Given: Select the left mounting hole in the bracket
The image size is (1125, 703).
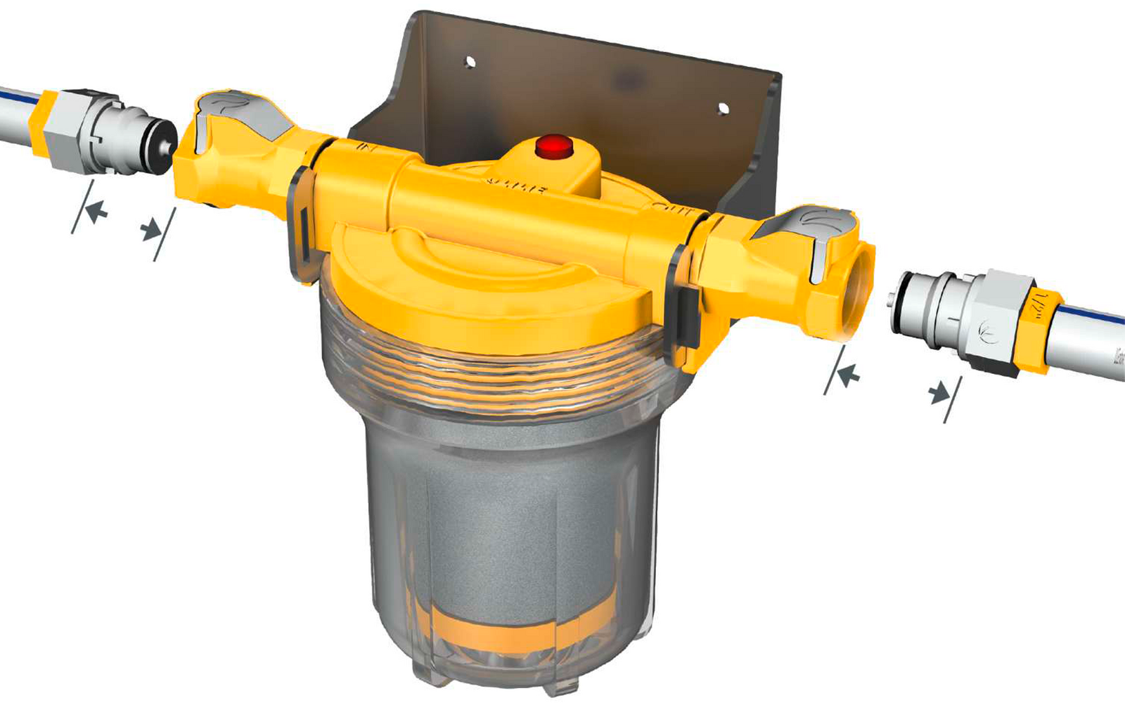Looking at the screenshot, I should pyautogui.click(x=470, y=63).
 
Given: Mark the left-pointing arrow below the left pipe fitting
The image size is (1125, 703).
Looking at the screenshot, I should pyautogui.click(x=96, y=209).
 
